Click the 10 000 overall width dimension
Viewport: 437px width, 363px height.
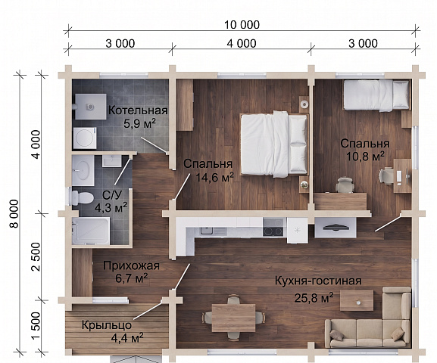tap(242, 25)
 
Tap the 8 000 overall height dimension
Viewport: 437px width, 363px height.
tap(14, 213)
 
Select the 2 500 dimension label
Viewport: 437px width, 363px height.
tap(36, 256)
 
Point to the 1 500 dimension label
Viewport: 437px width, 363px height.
tap(36, 326)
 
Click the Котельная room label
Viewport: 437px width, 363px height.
tap(138, 110)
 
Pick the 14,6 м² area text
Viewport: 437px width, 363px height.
tap(214, 177)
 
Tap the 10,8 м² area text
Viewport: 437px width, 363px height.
tap(365, 157)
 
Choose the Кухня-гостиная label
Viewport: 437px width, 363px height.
tap(318, 281)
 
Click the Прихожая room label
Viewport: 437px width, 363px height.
tap(131, 266)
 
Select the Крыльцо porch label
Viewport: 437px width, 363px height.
tap(107, 325)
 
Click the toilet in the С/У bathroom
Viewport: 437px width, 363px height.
tap(83, 198)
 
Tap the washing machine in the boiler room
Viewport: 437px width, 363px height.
tap(85, 138)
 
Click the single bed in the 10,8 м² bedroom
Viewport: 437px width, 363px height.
tap(377, 95)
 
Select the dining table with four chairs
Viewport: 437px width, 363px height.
tap(233, 318)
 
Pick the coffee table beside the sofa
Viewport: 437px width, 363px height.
tap(357, 301)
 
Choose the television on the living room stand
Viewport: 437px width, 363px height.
tap(336, 227)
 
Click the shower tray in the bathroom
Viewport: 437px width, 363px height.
tap(91, 231)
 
